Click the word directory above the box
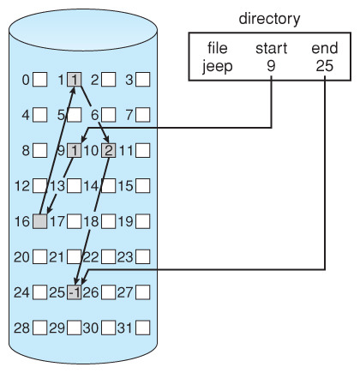pos(269,19)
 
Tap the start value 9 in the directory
pos(271,66)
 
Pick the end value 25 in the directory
pos(325,66)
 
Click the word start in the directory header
pos(271,48)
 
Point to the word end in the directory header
pos(325,48)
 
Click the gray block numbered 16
pos(40,221)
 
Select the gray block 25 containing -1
pos(75,292)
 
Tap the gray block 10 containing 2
pos(109,150)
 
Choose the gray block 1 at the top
pos(75,80)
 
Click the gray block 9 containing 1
pos(75,150)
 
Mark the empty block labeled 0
pos(40,80)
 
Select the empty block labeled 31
pos(143,328)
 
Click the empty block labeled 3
pos(143,80)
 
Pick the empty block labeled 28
pos(40,328)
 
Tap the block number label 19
pos(126,221)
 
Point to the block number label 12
pos(22,186)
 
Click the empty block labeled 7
pos(143,115)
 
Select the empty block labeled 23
pos(143,257)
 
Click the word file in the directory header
pos(218,48)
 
